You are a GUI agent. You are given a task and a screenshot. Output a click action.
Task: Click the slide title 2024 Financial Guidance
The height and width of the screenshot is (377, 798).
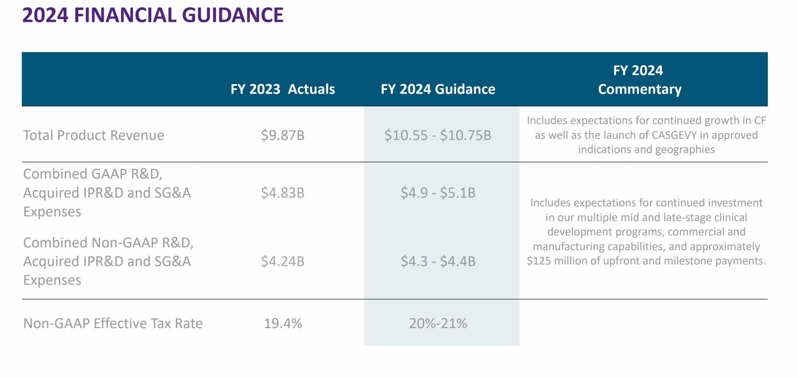[x=153, y=15]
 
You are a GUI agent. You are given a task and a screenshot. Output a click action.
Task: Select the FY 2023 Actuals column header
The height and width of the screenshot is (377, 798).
[x=283, y=89]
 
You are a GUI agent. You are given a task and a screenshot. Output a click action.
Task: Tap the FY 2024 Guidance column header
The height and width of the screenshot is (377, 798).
[x=438, y=89]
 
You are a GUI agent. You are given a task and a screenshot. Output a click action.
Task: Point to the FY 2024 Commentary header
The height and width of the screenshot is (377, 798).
[x=639, y=80]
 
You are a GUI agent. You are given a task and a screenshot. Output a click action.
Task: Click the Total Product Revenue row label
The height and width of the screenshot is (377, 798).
[x=94, y=135]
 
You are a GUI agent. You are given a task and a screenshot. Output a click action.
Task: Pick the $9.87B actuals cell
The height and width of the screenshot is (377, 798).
[x=283, y=135]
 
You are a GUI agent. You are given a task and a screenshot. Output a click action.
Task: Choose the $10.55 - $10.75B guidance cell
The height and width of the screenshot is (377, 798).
[x=438, y=135]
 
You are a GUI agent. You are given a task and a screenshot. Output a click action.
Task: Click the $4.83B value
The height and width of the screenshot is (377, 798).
[x=283, y=193]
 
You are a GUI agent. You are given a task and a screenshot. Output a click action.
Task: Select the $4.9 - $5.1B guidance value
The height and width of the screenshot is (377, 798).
[x=438, y=193]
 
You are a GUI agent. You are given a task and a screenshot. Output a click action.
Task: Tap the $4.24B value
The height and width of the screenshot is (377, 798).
[x=283, y=261]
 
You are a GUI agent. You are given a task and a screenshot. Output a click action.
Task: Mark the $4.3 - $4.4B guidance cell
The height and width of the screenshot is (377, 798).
[x=438, y=261]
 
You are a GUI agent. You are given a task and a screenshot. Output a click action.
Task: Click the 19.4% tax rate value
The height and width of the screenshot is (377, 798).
[x=283, y=323]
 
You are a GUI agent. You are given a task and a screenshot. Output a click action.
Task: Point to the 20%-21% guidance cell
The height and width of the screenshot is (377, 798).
[x=438, y=323]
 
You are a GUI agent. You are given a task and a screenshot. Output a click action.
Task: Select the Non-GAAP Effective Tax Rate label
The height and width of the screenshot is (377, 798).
[x=113, y=323]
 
